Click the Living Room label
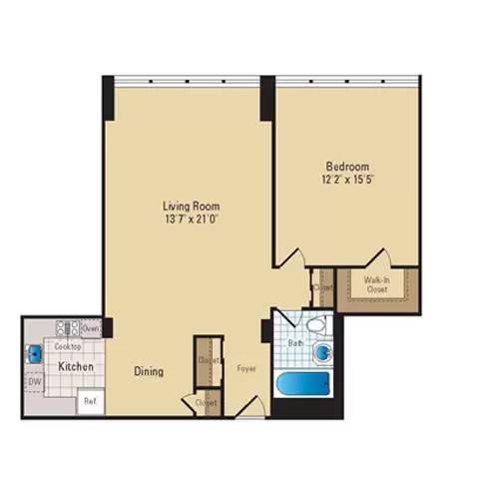click(192, 208)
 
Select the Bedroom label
click(347, 166)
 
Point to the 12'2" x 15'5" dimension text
click(347, 181)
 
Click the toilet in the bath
click(315, 325)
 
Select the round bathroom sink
click(322, 353)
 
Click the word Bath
click(295, 342)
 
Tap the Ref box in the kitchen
click(90, 402)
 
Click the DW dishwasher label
click(33, 381)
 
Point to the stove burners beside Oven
click(68, 327)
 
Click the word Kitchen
click(76, 367)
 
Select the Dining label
click(149, 372)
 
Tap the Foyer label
click(246, 369)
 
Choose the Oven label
click(91, 328)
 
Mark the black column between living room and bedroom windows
click(267, 97)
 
